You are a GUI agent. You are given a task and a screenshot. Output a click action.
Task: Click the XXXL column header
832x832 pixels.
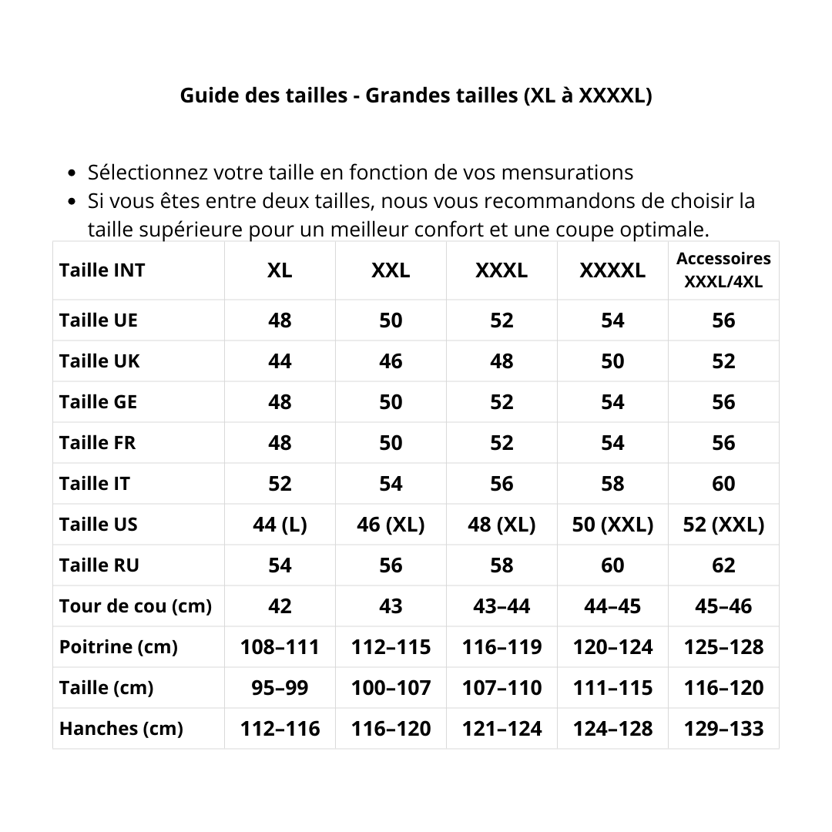tap(502, 270)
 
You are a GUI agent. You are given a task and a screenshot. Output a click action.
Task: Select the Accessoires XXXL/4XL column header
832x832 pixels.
tap(723, 270)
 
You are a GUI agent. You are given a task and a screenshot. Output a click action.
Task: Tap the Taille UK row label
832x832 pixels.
tap(99, 361)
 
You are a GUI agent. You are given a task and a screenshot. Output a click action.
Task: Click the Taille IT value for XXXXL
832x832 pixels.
tap(612, 484)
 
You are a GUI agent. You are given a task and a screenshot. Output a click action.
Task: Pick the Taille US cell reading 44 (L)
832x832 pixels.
tap(280, 525)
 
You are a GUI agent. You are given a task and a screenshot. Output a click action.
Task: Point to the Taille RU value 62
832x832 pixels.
tap(723, 565)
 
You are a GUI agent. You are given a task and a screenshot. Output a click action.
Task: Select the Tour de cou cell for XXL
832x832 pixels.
tap(391, 606)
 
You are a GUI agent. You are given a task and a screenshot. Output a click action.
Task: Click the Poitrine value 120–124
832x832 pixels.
tap(612, 647)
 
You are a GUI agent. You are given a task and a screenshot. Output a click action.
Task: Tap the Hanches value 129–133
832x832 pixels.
tap(723, 729)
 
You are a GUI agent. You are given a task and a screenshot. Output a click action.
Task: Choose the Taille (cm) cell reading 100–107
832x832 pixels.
tap(391, 688)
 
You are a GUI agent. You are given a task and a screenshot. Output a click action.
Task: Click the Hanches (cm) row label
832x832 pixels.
tap(121, 729)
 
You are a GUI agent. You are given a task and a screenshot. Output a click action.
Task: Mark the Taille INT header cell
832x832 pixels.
tap(102, 270)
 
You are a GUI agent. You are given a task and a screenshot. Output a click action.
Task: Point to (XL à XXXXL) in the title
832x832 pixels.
tap(587, 96)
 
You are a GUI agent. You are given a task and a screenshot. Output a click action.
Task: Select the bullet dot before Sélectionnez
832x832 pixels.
tap(72, 173)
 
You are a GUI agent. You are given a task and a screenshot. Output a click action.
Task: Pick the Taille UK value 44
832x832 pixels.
tap(280, 361)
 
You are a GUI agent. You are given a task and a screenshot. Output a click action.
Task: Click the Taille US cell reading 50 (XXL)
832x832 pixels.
tap(612, 525)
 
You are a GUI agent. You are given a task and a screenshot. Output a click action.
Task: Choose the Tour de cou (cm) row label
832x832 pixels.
tap(135, 606)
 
